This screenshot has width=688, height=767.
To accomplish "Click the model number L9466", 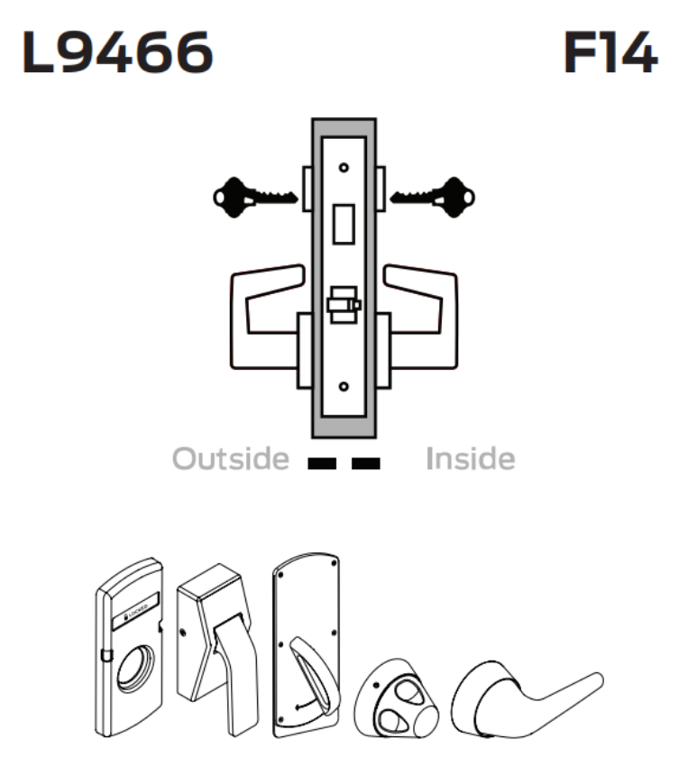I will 117,55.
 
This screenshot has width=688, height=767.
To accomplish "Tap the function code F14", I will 610,55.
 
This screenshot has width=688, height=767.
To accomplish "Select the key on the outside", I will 253,195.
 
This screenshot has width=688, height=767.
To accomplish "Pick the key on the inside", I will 433,195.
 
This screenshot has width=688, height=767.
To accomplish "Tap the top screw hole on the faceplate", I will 344,168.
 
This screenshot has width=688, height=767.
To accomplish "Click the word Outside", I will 231,459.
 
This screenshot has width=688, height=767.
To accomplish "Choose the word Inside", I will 470,459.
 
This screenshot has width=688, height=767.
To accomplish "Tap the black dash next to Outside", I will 322,464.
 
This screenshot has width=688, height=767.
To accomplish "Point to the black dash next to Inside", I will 365,464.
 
